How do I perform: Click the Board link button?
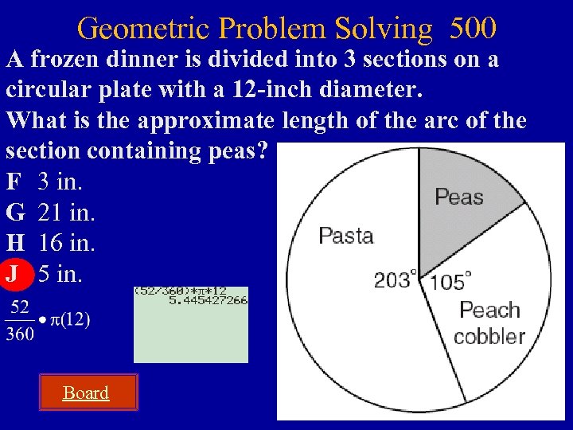coord(86,393)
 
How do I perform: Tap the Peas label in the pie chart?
coord(459,197)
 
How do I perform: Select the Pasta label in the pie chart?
coord(346,235)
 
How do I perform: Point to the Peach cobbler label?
coord(489,322)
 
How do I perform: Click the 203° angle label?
coord(396,279)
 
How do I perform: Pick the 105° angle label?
coord(450,281)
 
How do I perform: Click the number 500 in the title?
coord(473,29)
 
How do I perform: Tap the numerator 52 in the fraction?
coord(19,307)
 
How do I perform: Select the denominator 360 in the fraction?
coord(19,334)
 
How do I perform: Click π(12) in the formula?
coord(70,320)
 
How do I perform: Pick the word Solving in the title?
coord(382,29)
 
